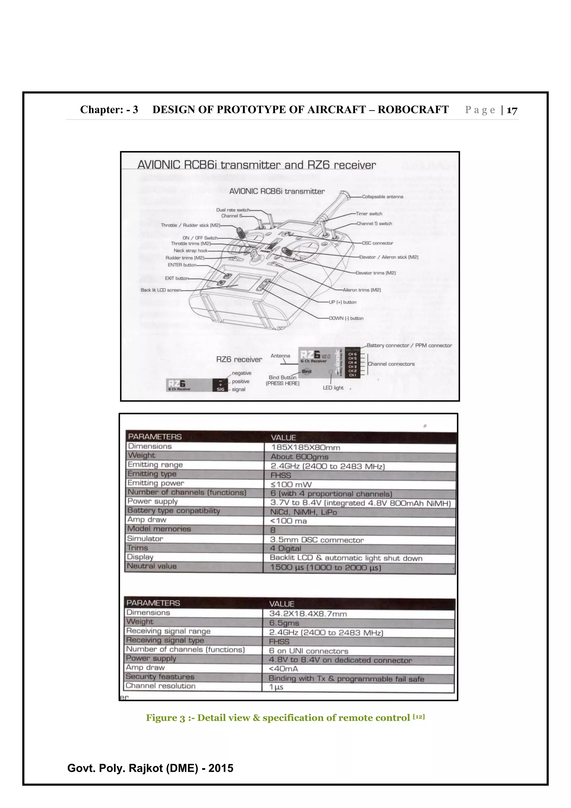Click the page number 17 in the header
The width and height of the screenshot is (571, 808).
(x=512, y=110)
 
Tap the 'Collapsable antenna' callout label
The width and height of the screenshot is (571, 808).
(x=383, y=197)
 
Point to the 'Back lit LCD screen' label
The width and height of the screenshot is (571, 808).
(x=161, y=290)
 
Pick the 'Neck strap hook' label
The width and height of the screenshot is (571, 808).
(x=190, y=251)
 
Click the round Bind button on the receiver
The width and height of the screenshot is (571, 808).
(x=306, y=371)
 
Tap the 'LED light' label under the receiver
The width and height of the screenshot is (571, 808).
(x=333, y=388)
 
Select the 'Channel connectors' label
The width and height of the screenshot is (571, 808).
(x=391, y=364)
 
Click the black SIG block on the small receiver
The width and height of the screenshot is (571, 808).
(x=220, y=385)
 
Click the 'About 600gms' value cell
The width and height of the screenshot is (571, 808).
(x=299, y=457)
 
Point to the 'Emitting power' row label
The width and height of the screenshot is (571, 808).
(x=156, y=483)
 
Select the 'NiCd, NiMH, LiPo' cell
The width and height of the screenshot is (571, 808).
(x=303, y=512)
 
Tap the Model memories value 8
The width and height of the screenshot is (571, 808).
(x=273, y=530)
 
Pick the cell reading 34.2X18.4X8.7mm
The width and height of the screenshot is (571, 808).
(x=308, y=614)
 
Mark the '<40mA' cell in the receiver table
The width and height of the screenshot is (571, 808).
(x=283, y=669)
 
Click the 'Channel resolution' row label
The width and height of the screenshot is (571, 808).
(x=160, y=686)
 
